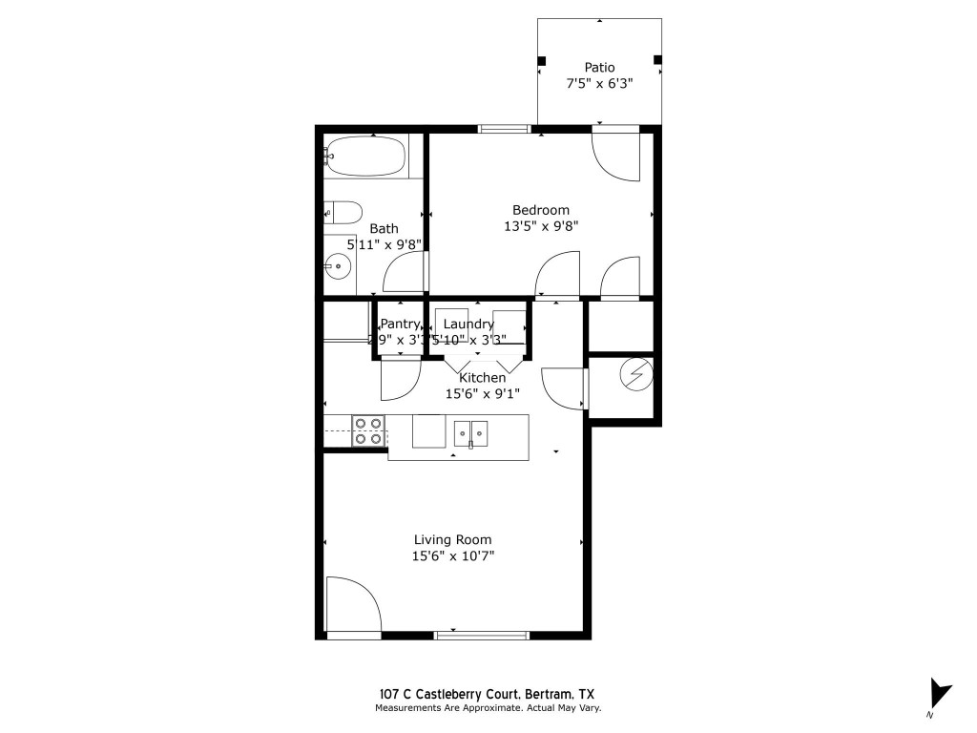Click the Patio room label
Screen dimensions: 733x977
pyautogui.click(x=599, y=67)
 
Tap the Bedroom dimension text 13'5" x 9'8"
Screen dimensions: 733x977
pyautogui.click(x=541, y=226)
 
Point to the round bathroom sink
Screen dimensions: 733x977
pyautogui.click(x=336, y=266)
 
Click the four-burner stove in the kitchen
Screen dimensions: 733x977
pyautogui.click(x=368, y=431)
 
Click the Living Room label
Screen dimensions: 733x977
pyautogui.click(x=453, y=539)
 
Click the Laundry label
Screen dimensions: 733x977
pyautogui.click(x=468, y=324)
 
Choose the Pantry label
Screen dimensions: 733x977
pyautogui.click(x=400, y=324)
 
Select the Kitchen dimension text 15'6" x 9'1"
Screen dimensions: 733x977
pyautogui.click(x=481, y=393)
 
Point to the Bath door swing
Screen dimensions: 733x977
pyautogui.click(x=405, y=275)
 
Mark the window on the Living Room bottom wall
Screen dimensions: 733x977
pyautogui.click(x=481, y=635)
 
